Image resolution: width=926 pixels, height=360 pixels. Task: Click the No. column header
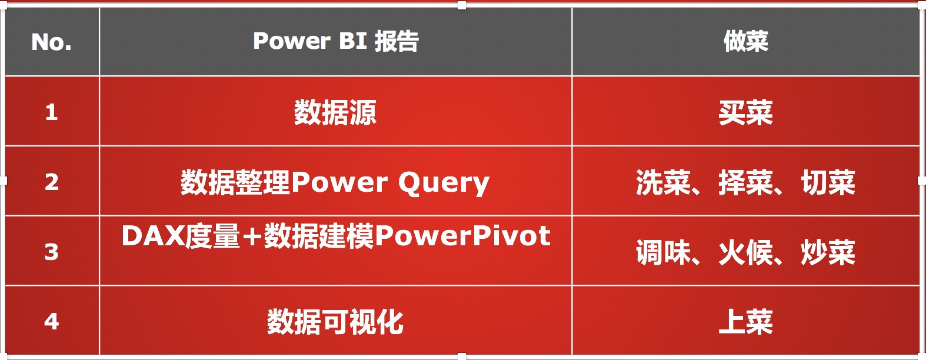pos(52,42)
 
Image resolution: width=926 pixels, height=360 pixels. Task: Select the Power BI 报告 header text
pos(336,41)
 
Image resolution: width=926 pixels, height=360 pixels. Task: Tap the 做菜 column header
pos(746,41)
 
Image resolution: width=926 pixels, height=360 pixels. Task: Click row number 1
pos(52,112)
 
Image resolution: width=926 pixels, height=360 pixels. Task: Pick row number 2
pos(52,182)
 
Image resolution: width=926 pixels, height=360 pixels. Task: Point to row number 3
pos(52,252)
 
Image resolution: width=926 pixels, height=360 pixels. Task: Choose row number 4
pos(52,321)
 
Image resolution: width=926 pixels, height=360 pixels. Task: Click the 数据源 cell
pos(335,112)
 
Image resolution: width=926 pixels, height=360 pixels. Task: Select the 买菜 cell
pos(746,112)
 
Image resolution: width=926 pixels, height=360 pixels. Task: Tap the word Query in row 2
pos(444,183)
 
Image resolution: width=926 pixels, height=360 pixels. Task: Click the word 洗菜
pos(663,182)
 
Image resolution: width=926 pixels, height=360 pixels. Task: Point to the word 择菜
pos(746,182)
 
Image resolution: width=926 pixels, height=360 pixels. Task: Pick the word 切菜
pos(828,182)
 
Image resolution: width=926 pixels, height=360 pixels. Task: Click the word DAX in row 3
pos(153,236)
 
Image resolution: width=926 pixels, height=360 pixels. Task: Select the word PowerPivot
pos(462,236)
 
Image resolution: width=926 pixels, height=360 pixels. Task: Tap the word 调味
pos(663,252)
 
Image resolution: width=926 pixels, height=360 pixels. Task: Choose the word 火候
pos(746,252)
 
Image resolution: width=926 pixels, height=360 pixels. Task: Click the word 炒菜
pos(828,252)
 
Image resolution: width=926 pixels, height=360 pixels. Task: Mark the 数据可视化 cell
pos(335,322)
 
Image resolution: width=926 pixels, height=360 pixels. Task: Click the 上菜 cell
pos(746,322)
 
